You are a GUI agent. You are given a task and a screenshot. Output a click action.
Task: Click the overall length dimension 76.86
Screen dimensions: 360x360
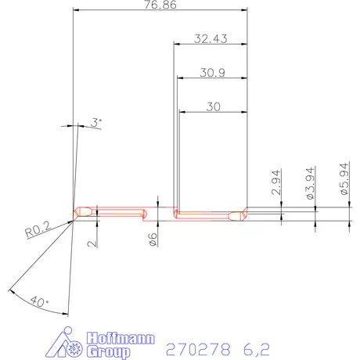click(x=160, y=6)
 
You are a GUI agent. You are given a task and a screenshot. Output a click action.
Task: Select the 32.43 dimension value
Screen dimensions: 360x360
click(x=208, y=38)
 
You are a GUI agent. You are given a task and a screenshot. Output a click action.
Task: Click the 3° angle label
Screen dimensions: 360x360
click(x=96, y=122)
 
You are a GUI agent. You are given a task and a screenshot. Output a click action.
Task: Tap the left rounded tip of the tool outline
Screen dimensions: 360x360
click(x=76, y=212)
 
